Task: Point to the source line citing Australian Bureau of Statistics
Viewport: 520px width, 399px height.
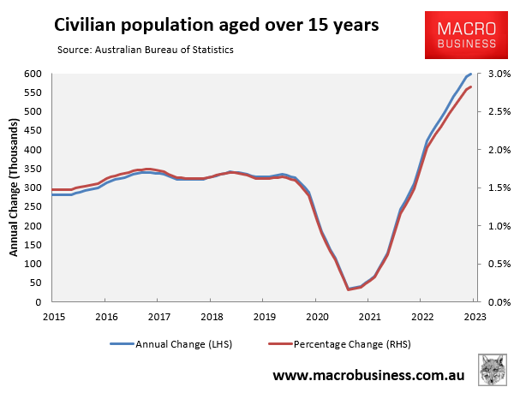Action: tap(145, 51)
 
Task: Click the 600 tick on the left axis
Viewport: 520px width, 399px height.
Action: tap(33, 74)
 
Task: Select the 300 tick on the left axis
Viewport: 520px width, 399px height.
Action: tap(33, 188)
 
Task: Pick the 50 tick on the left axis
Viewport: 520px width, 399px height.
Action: tap(35, 283)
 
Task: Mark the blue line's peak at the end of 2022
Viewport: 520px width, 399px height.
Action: tap(471, 74)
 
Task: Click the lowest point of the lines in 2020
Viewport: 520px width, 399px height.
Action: tap(348, 289)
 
